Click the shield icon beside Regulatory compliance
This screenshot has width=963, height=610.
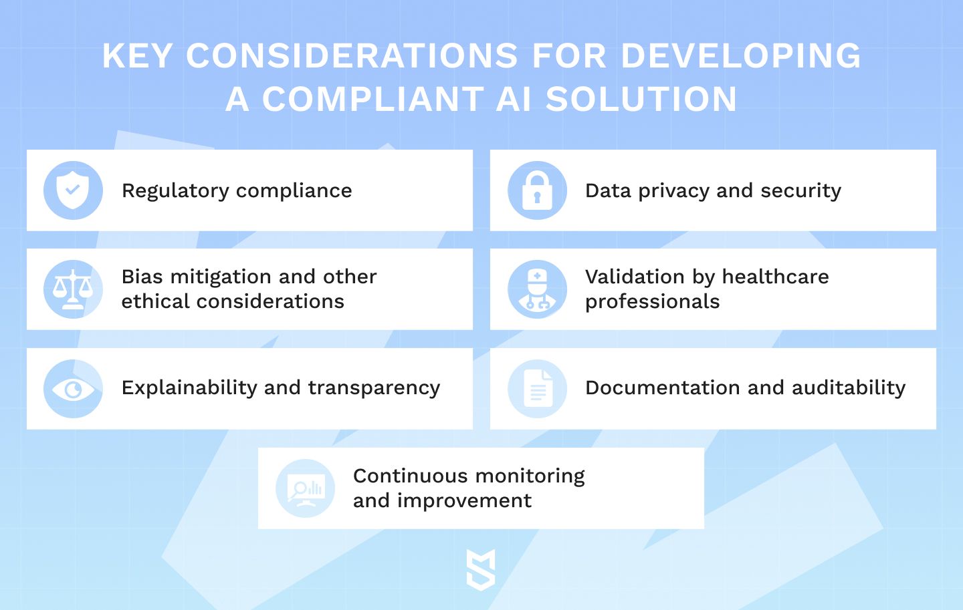(73, 190)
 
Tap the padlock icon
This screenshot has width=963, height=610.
(537, 190)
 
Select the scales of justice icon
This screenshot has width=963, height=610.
(73, 289)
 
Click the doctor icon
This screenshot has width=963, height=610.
(537, 289)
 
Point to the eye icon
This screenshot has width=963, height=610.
(73, 389)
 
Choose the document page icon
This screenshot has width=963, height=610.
(538, 388)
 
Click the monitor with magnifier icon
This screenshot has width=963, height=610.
(306, 489)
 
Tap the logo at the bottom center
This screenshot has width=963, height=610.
(481, 570)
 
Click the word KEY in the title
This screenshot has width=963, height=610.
(137, 55)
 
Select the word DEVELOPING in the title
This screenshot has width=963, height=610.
(741, 55)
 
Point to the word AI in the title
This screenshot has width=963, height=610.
(514, 99)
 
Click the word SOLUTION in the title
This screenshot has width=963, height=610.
(641, 99)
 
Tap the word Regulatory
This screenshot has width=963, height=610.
(175, 191)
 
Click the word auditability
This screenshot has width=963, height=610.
(849, 388)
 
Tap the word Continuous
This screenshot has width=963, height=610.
(410, 476)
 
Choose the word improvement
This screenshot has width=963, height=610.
(464, 501)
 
